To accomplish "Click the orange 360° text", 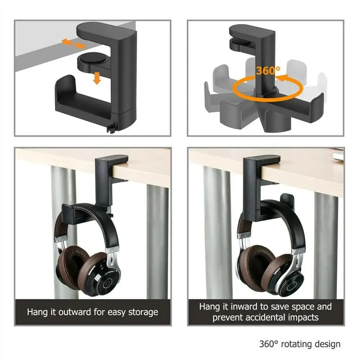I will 268,70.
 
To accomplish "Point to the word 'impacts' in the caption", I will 301,317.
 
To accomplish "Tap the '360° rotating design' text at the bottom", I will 300,344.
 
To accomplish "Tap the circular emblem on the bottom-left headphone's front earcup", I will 107,283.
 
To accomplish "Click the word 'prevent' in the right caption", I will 227,317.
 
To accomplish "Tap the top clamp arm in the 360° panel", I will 252,33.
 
